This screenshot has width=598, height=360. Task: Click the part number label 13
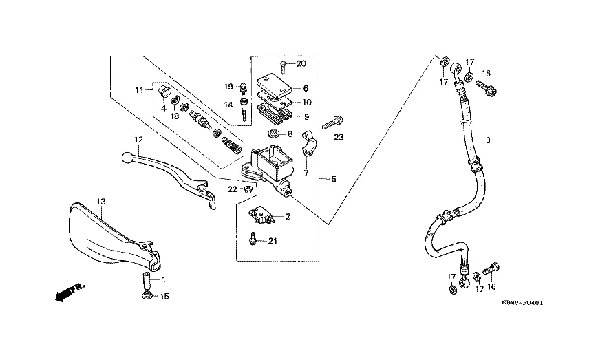click(100, 201)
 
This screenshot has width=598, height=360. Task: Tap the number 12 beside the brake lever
click(138, 140)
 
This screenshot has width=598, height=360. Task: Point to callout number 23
click(339, 138)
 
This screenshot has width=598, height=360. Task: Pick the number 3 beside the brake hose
click(487, 140)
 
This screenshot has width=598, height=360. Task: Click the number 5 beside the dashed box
click(333, 180)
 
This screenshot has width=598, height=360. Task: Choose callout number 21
click(273, 241)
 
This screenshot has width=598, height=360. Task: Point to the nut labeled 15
click(146, 296)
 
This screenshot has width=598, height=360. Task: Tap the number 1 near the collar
click(164, 281)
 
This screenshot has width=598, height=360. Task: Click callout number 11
click(138, 89)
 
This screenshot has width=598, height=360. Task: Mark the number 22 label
click(232, 189)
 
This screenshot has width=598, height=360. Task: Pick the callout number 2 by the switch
click(288, 217)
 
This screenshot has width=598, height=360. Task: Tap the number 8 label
click(290, 134)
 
